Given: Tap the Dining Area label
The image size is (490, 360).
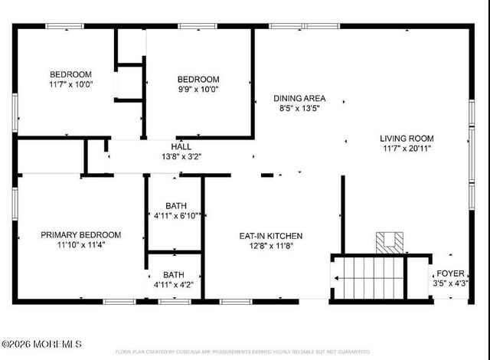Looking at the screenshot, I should point(300,98).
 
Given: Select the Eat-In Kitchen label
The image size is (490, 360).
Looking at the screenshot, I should point(272,235).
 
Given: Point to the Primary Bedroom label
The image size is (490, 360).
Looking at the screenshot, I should point(80,234).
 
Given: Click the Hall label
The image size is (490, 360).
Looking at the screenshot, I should point(181,146).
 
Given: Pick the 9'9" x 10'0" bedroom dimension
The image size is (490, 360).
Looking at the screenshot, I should point(198,90).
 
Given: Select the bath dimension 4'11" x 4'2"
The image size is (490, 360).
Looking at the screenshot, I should point(173,285).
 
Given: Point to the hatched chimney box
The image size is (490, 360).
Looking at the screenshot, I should point(390,242).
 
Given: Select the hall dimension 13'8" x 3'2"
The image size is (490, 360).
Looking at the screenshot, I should point(181,156).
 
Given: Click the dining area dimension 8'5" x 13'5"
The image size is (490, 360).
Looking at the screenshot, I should point(300,109).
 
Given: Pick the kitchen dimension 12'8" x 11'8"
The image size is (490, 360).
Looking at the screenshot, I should point(272,246).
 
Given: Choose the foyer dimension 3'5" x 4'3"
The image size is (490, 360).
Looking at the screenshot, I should point(452,283).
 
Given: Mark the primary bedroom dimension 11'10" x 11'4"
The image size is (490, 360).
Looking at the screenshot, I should point(80,245).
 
